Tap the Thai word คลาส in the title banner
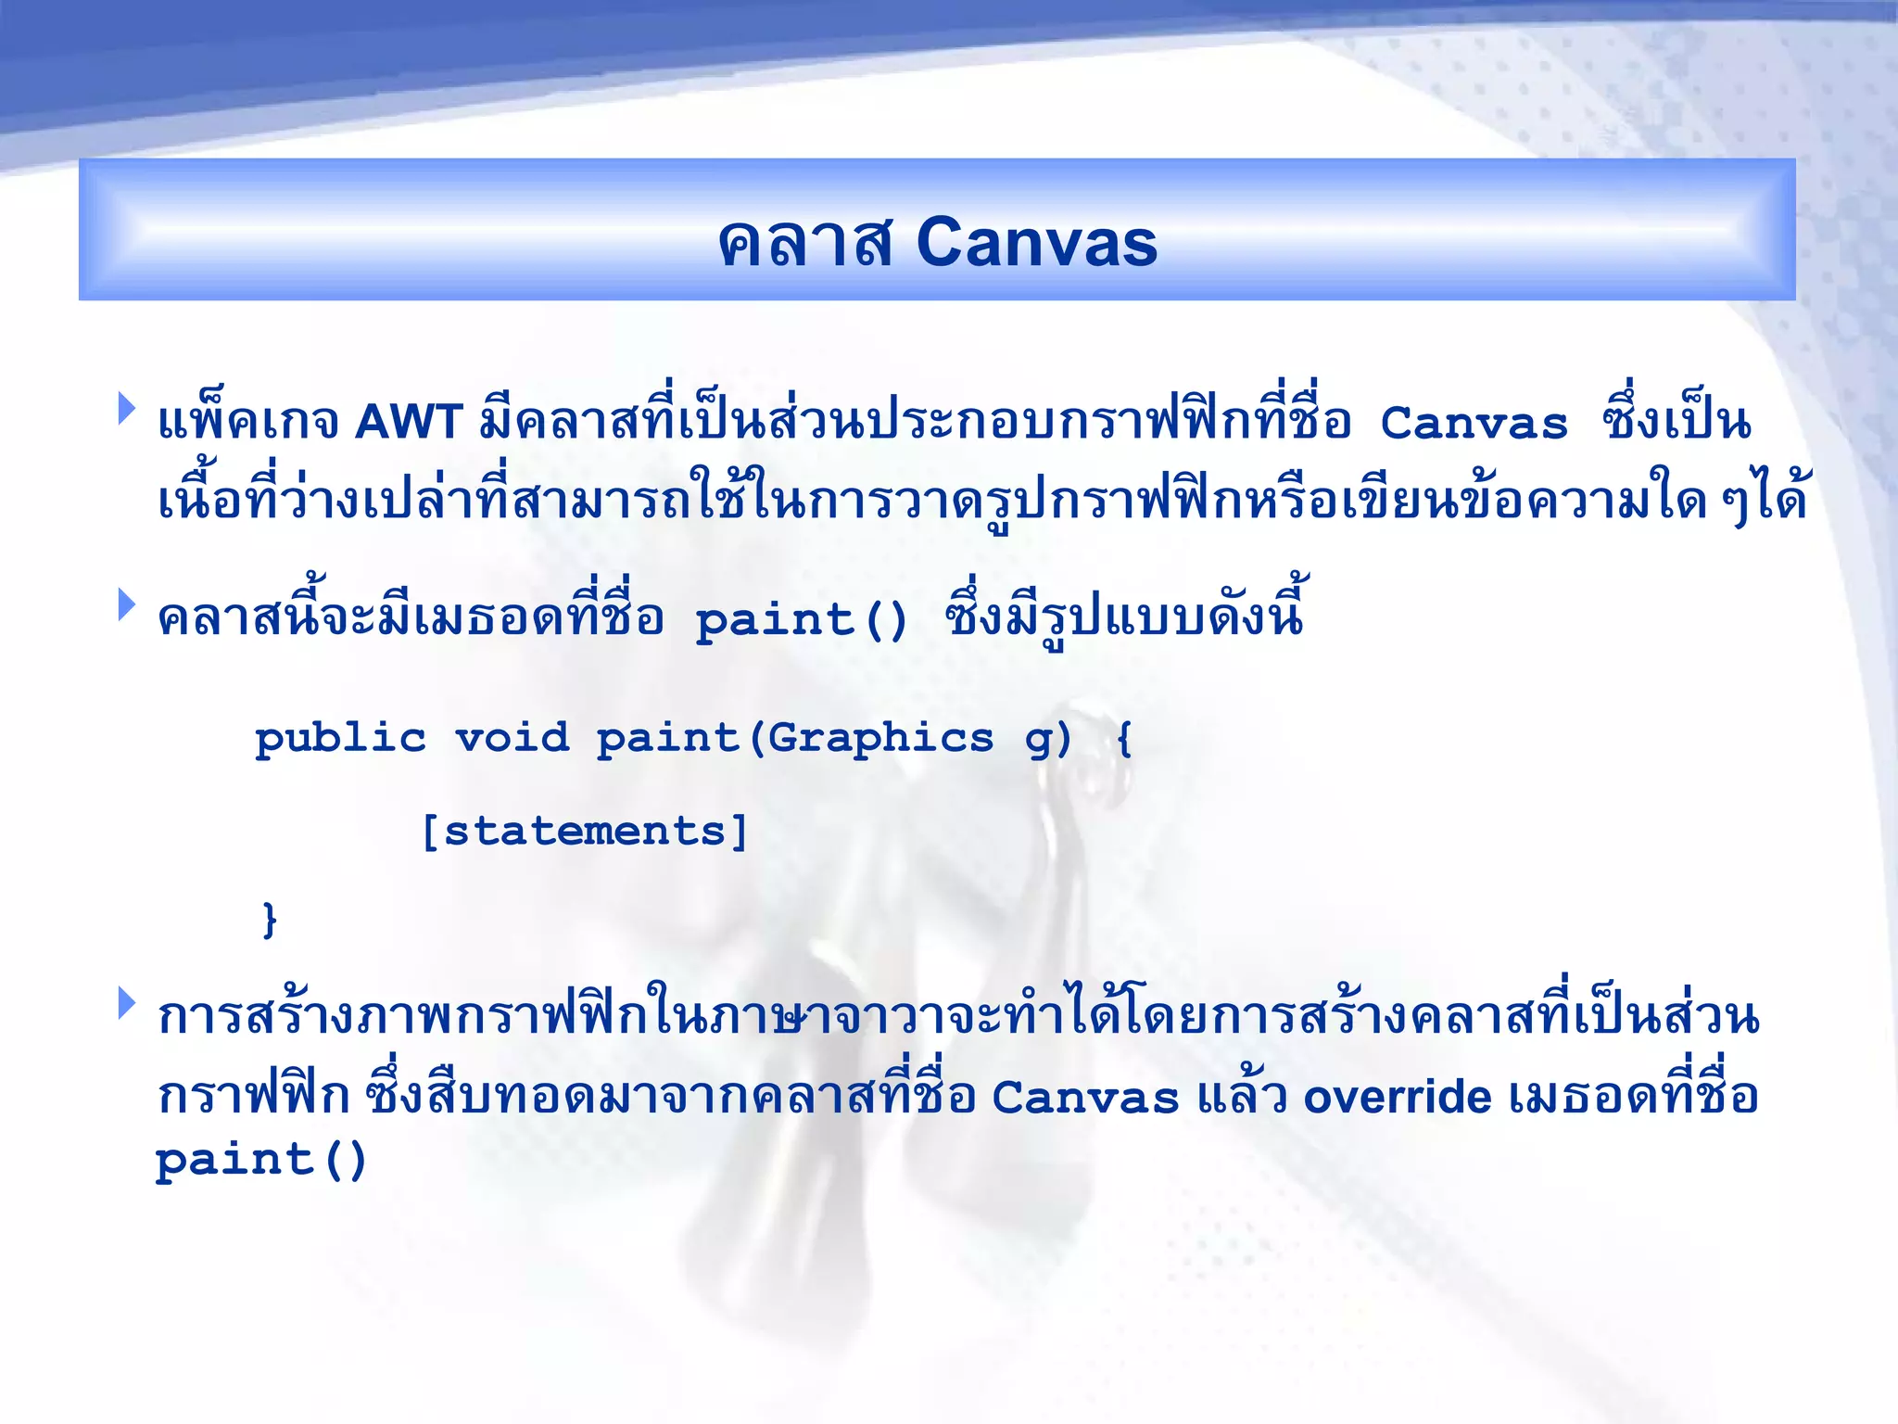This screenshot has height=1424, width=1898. (805, 243)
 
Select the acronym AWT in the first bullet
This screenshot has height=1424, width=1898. (409, 422)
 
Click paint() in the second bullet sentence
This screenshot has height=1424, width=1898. (802, 619)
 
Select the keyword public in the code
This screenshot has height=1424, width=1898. (340, 739)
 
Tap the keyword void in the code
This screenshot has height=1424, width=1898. (512, 739)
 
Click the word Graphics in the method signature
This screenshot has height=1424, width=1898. (880, 739)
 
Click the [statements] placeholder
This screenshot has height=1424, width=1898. (584, 831)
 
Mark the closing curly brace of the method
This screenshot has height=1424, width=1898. (269, 920)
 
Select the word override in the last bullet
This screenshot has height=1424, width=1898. (1398, 1098)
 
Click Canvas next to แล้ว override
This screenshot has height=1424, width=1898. (1085, 1098)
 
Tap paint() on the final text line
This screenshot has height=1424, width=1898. (261, 1161)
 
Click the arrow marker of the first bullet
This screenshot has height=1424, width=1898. (127, 408)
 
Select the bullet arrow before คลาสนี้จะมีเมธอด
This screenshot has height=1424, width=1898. (127, 604)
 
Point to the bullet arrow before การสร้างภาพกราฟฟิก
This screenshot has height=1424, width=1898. (127, 1002)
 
